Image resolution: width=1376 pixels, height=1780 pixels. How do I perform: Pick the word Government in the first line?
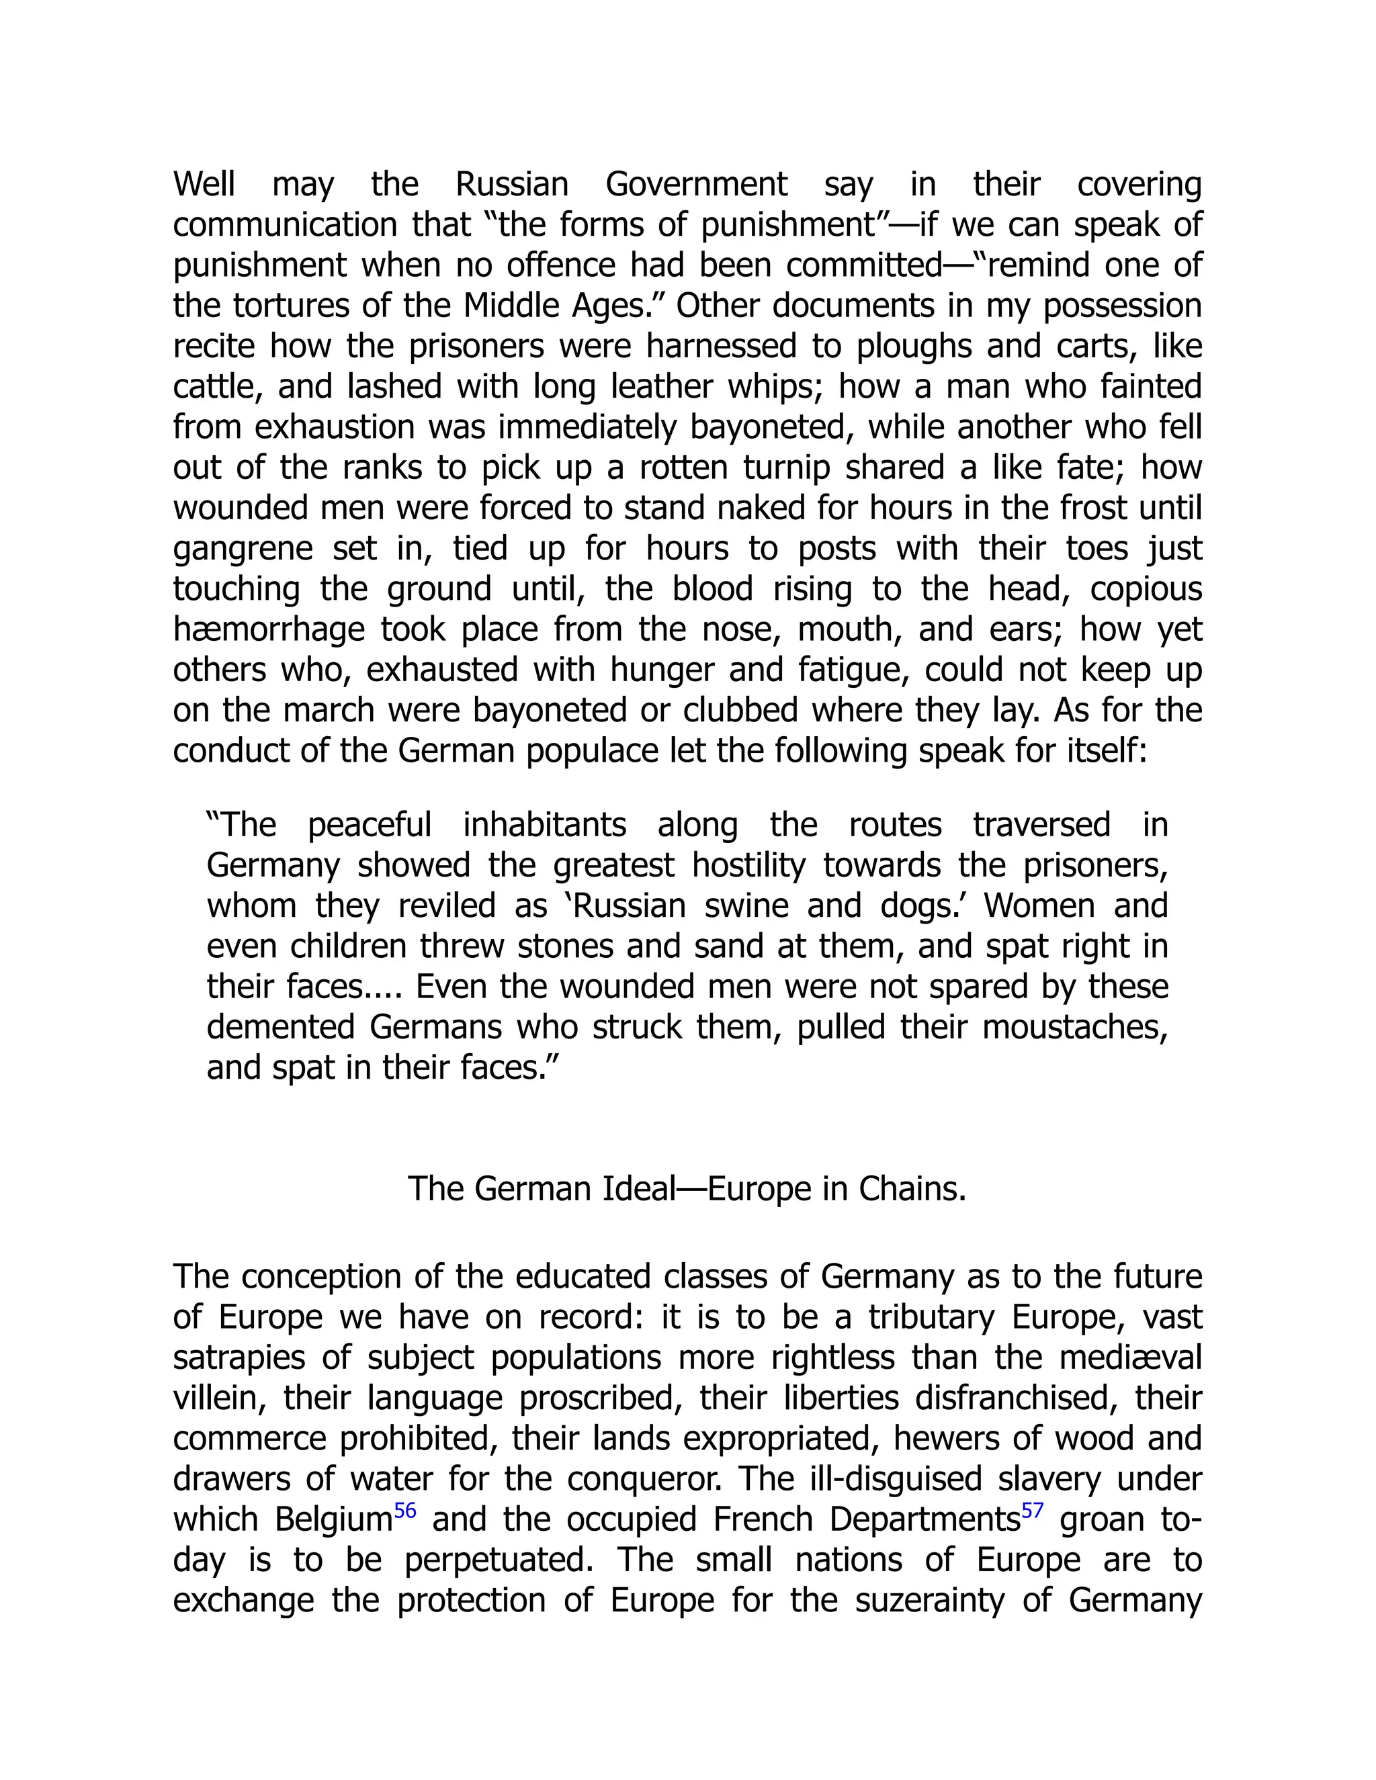[696, 185]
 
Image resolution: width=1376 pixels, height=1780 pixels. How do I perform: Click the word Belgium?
[334, 1520]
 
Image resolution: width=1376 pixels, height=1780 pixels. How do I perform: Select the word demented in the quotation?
[279, 1027]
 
